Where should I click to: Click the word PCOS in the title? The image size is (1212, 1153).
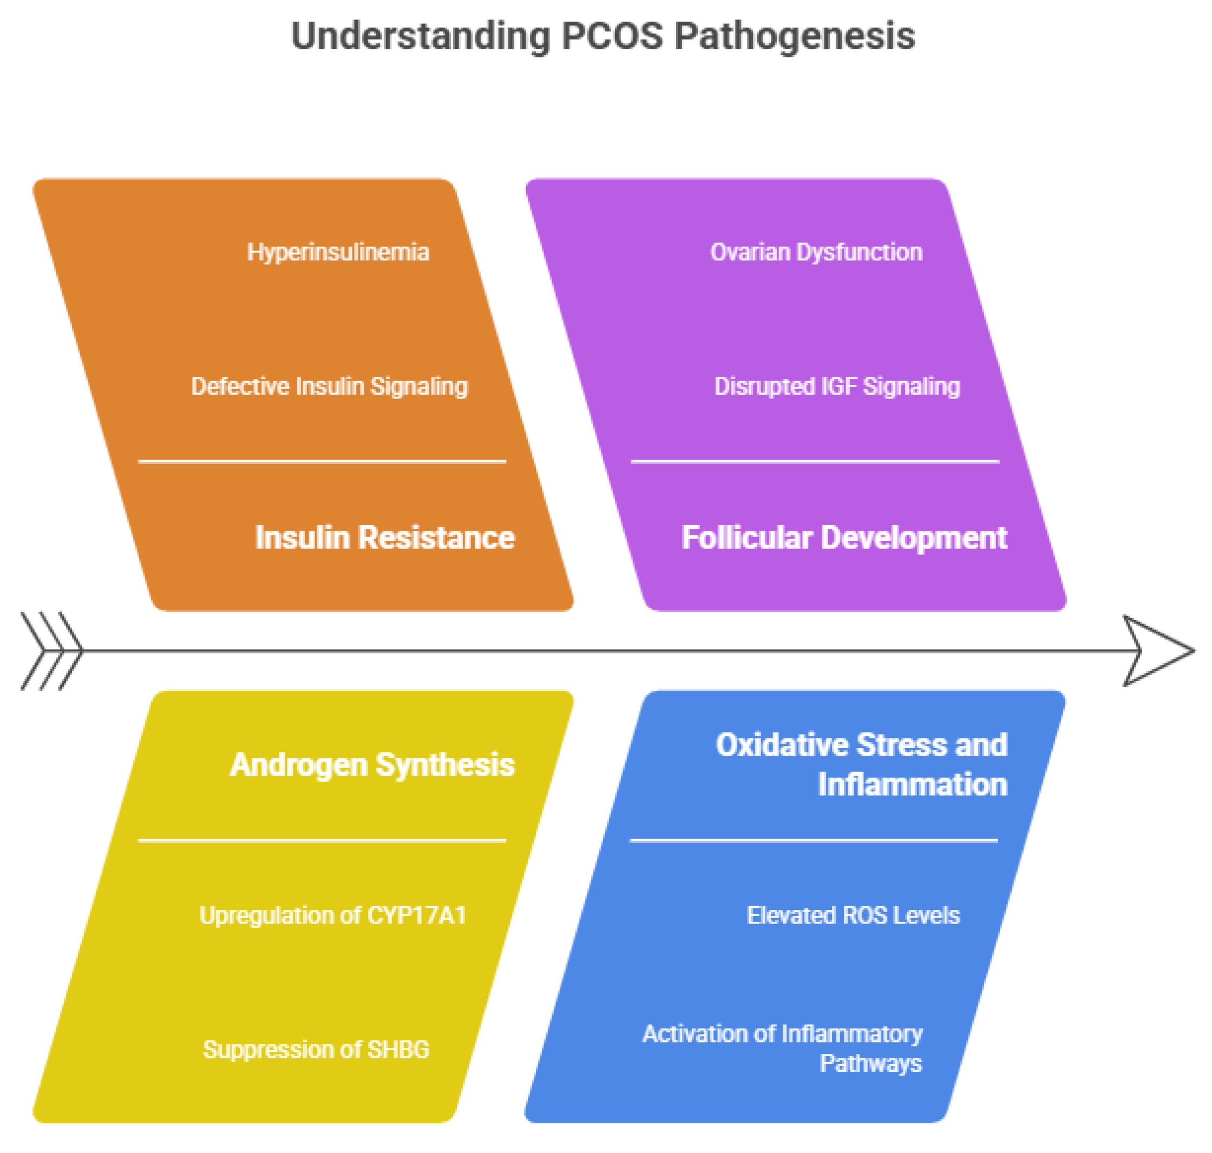point(612,36)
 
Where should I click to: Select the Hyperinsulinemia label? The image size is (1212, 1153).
point(338,253)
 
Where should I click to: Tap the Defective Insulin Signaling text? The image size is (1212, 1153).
point(330,386)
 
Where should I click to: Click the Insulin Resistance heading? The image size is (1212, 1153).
point(385,538)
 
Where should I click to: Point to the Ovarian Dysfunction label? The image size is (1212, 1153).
point(816,253)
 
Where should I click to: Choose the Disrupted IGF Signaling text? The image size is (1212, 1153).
point(837,386)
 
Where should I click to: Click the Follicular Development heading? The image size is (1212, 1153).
point(844,538)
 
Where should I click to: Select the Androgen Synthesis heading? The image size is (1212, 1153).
point(372,765)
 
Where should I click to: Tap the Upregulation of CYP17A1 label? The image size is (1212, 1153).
point(333,916)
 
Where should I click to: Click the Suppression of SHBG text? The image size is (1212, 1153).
point(316,1050)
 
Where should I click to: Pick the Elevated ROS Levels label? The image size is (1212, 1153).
point(853,916)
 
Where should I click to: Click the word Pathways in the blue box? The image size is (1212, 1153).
point(871,1064)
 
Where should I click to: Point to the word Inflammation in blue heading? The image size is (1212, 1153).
point(913,785)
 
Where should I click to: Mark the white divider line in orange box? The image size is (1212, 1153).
point(322,461)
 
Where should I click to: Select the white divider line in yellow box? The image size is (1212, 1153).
point(322,840)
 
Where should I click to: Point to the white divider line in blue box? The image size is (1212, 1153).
point(814,840)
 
